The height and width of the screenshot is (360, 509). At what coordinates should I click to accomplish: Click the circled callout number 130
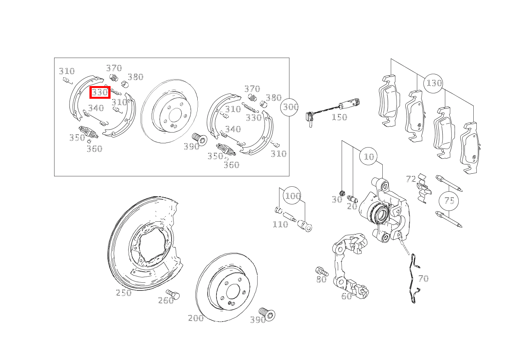click(x=433, y=83)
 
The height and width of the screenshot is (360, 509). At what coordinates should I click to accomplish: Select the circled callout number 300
click(x=289, y=107)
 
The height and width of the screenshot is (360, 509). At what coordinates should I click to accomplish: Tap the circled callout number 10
click(x=369, y=156)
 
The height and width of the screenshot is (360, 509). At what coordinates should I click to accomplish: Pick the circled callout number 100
click(x=292, y=196)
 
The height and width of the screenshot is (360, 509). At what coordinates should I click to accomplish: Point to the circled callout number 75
click(x=449, y=201)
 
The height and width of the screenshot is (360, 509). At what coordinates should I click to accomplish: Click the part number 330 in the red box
click(x=100, y=93)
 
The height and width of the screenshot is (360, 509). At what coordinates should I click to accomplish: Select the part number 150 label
click(x=339, y=117)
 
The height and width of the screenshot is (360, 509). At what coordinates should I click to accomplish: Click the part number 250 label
click(x=124, y=293)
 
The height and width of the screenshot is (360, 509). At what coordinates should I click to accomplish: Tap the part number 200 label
click(x=196, y=318)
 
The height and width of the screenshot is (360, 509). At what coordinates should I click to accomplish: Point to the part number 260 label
click(x=166, y=301)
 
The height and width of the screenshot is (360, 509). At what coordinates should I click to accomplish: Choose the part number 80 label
click(x=321, y=279)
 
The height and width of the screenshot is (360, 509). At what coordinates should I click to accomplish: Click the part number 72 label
click(x=411, y=179)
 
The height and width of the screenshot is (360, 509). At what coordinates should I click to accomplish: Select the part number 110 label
click(x=280, y=224)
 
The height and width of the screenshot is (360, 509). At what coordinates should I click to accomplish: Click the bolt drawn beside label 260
click(x=173, y=294)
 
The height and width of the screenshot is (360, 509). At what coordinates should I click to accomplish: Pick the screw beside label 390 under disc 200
click(x=267, y=314)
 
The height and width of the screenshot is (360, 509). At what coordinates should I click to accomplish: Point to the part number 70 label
click(x=423, y=279)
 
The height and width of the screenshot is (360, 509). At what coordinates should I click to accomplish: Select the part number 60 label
click(x=347, y=296)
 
